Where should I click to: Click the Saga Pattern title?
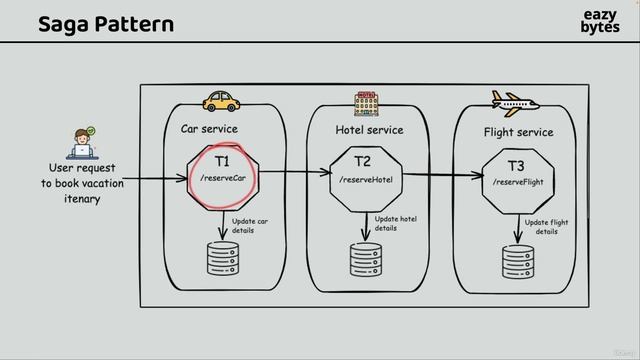105,23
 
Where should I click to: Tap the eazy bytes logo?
599,22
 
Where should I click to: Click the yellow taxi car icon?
222,100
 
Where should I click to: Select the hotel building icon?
367,102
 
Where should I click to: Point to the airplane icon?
514,103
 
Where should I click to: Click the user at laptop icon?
83,143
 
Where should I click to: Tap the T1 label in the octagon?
222,160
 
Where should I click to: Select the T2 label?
363,161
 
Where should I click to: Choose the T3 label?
516,165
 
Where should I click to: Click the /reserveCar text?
223,178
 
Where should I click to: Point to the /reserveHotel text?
366,180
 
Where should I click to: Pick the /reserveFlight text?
518,182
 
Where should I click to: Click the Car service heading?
209,129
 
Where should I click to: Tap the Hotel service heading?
369,130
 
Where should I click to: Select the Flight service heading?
518,132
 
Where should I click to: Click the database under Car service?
222,258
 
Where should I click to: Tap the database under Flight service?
517,261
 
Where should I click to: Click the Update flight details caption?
546,227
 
